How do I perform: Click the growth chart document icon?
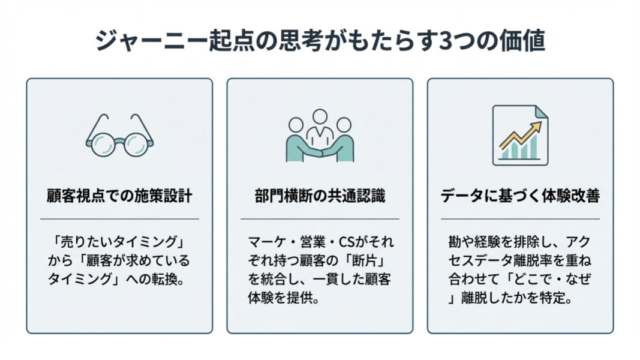point(519,136)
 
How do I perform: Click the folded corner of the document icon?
point(541,112)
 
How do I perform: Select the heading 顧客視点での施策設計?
point(119,196)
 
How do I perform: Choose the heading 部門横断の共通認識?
point(320,196)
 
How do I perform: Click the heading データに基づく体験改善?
point(519,196)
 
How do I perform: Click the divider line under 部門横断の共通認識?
point(320,219)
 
